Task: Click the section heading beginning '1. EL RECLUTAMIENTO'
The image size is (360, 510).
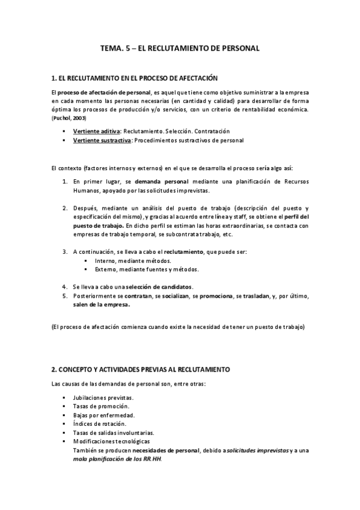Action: tap(134, 78)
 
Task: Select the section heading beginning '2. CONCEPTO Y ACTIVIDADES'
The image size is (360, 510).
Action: tap(141, 369)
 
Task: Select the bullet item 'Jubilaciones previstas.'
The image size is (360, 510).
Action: tap(103, 398)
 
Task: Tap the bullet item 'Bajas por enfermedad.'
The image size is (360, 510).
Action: tap(103, 415)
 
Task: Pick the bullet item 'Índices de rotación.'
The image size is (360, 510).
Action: tap(99, 423)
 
